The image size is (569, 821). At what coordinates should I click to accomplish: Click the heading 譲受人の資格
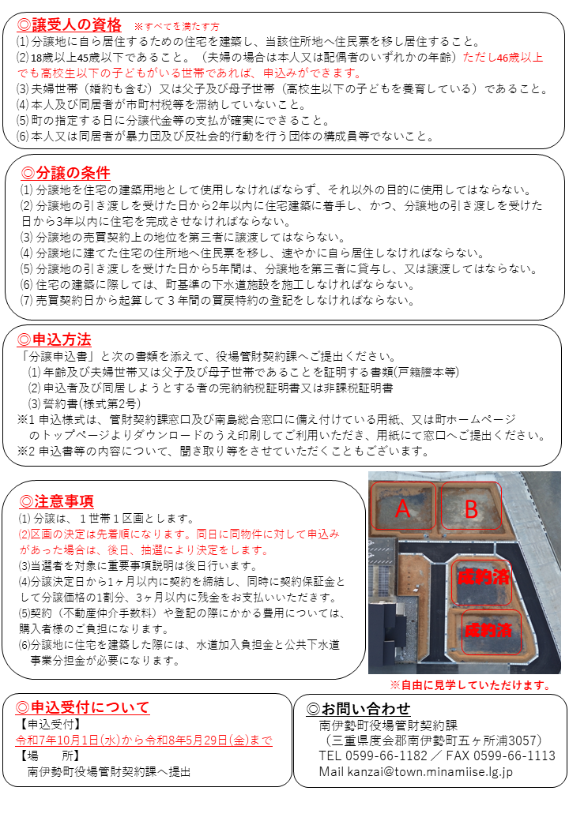pyautogui.click(x=76, y=24)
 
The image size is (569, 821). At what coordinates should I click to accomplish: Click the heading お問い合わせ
pyautogui.click(x=364, y=707)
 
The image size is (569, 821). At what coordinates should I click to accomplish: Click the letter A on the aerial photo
pyautogui.click(x=402, y=509)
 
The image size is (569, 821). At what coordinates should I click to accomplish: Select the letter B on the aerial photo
pyautogui.click(x=471, y=509)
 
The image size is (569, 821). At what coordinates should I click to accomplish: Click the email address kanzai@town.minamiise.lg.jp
pyautogui.click(x=427, y=771)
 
